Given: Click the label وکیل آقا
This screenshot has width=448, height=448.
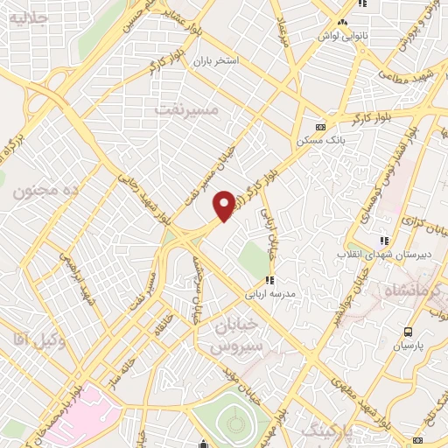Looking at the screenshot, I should [34, 336].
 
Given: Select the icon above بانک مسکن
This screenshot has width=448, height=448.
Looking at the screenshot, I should [319, 124].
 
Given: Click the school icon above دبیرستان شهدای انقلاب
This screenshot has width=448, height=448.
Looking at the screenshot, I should [382, 241].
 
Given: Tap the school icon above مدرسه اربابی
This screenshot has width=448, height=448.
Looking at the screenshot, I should [270, 281].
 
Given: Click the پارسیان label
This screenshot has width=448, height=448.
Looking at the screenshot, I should [407, 346].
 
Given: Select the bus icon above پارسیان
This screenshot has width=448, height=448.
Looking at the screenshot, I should [407, 332].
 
